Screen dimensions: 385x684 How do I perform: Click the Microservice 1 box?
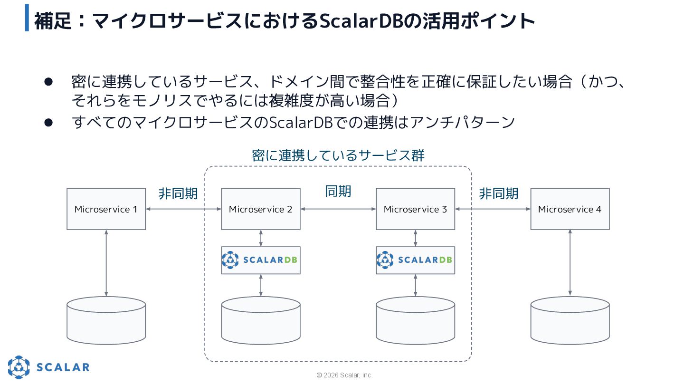point(106,209)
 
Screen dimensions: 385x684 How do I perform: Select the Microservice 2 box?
point(261,209)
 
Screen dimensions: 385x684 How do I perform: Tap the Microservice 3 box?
point(415,209)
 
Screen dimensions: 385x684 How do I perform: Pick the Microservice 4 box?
point(570,209)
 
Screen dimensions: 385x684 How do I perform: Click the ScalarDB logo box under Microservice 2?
point(261,260)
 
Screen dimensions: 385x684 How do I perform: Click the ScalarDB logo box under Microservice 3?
point(415,260)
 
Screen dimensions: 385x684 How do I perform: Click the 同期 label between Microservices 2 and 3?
point(338,191)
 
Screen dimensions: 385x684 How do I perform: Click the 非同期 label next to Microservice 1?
point(178,194)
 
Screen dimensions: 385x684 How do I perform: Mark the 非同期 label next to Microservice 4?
point(498,194)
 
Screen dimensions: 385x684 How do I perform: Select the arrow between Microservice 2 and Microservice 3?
point(338,209)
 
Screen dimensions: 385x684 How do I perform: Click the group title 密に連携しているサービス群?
point(338,155)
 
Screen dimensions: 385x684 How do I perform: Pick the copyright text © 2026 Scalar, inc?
point(344,375)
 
